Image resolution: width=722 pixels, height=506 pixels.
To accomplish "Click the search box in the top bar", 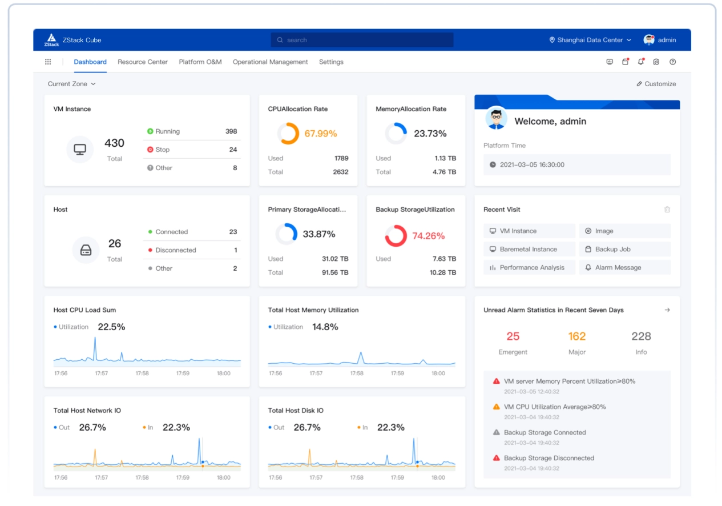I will tap(362, 40).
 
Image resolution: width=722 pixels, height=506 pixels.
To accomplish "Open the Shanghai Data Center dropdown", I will tap(590, 40).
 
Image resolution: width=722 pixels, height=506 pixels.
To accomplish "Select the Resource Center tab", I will tap(143, 62).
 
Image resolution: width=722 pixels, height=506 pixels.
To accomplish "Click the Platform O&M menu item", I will tap(200, 62).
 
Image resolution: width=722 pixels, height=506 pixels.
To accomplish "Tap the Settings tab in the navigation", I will tap(331, 62).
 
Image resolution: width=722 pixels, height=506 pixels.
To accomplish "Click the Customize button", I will tap(656, 84).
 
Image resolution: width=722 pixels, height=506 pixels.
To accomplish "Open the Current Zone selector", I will tap(71, 84).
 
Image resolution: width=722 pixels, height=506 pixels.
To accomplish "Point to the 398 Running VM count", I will tap(231, 131).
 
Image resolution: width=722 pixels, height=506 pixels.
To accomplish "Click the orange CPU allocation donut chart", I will tap(288, 134).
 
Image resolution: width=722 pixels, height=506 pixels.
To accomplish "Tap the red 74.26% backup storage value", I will tap(428, 236).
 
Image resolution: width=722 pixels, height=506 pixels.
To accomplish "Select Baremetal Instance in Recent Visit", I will tap(529, 250).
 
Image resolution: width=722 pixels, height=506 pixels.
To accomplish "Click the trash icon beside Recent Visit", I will tap(667, 210).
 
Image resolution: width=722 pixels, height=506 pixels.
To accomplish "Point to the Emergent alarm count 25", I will tap(513, 336).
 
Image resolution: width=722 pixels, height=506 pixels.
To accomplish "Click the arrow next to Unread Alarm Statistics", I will tap(667, 310).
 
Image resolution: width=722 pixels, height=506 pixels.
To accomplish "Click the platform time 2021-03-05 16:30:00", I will tap(532, 164).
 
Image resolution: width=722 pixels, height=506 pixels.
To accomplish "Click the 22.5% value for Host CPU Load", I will tap(111, 327).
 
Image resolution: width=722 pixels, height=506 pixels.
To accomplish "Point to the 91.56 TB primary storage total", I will tap(335, 272).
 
